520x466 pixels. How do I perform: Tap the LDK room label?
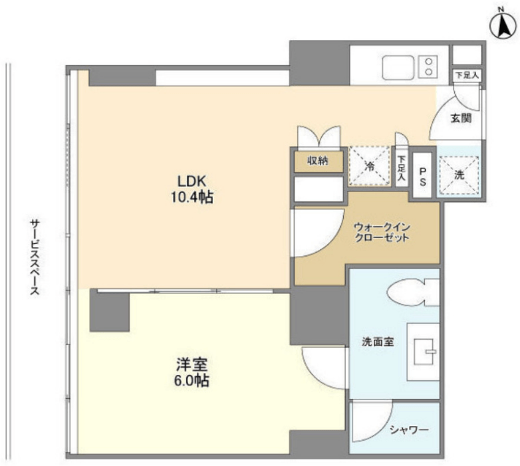tap(192, 181)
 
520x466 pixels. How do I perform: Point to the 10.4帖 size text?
tap(192, 197)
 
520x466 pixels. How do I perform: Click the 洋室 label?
tap(192, 364)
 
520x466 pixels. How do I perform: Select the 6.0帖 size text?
tap(192, 380)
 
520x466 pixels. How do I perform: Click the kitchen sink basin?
tap(398, 67)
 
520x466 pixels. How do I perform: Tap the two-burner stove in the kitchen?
tap(428, 66)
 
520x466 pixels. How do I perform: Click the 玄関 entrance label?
tap(461, 118)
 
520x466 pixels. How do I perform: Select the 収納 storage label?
tap(318, 161)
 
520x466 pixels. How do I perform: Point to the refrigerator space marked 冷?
tap(370, 166)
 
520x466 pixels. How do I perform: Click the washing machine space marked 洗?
tap(459, 175)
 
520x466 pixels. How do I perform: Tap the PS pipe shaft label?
tap(423, 176)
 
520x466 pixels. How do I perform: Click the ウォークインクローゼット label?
tap(382, 233)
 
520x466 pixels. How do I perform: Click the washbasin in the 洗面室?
tap(423, 351)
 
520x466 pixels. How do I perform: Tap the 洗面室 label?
tap(378, 342)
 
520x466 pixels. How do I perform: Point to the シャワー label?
tap(409, 430)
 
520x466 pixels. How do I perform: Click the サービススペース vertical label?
tap(35, 256)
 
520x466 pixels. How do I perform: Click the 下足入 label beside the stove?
tap(467, 75)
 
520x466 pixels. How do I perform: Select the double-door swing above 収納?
tap(319, 136)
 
